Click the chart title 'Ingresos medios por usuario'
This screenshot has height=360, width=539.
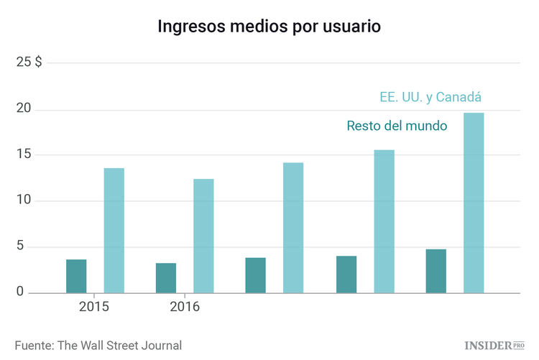pyautogui.click(x=269, y=27)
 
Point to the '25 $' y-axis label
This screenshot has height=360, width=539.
pyautogui.click(x=29, y=63)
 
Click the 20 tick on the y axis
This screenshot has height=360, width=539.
pyautogui.click(x=25, y=109)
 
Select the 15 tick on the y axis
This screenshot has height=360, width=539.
pyautogui.click(x=25, y=155)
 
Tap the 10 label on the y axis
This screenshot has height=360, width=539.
pyautogui.click(x=25, y=200)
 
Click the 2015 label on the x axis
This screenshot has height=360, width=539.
pyautogui.click(x=94, y=308)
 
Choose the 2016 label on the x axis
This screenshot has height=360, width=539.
pyautogui.click(x=184, y=308)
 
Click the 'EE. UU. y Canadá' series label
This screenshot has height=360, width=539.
pyautogui.click(x=430, y=97)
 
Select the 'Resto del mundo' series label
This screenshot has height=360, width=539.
pyautogui.click(x=397, y=126)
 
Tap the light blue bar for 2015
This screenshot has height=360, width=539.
pyautogui.click(x=114, y=230)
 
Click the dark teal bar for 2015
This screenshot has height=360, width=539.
pyautogui.click(x=76, y=276)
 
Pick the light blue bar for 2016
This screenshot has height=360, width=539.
pyautogui.click(x=203, y=236)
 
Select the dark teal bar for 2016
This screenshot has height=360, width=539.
pyautogui.click(x=166, y=278)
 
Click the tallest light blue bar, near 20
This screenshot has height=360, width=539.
pyautogui.click(x=474, y=203)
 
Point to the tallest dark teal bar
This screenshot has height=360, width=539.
pyautogui.click(x=436, y=271)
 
